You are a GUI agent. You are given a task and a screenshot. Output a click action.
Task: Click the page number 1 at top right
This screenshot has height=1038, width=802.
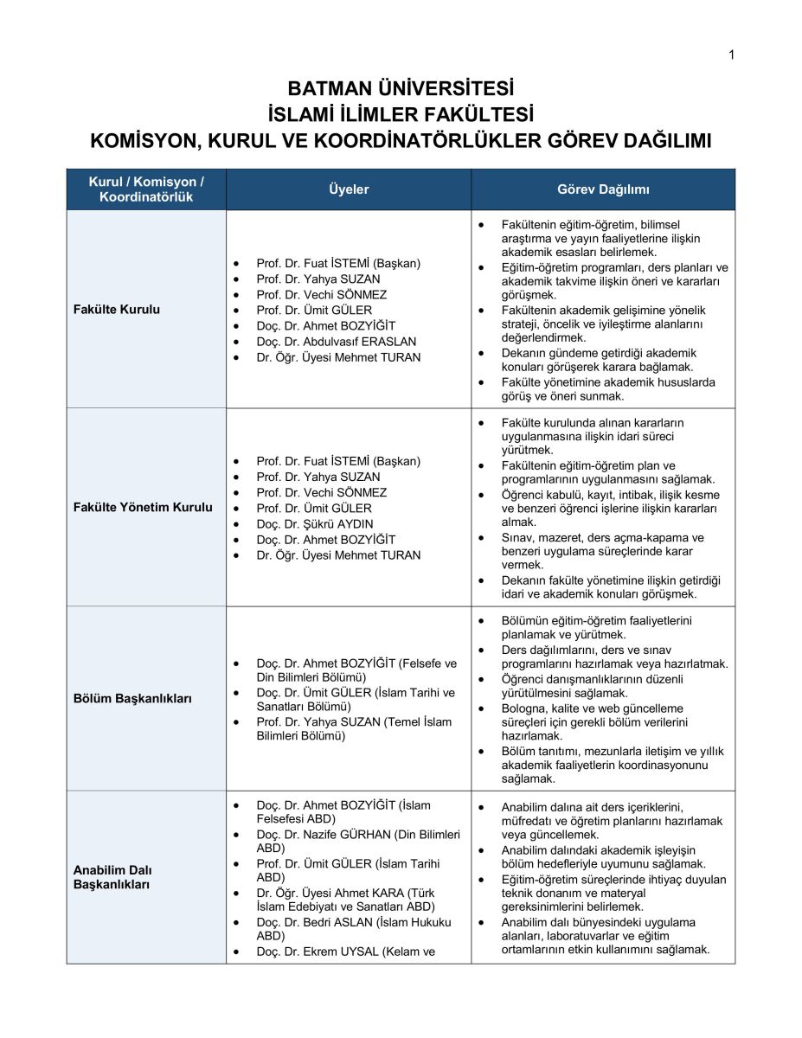(731, 55)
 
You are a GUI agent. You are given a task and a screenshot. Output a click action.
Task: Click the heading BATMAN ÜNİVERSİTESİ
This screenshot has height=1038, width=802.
(401, 89)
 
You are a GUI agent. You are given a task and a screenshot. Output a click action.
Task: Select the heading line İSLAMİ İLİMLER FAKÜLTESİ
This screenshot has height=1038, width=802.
(401, 114)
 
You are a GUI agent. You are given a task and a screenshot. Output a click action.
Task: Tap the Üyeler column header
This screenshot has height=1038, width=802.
(349, 189)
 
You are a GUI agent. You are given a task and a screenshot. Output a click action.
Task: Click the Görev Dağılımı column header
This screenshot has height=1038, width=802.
(603, 189)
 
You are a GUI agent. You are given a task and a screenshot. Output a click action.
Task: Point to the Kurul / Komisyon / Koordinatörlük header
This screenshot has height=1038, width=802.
(146, 189)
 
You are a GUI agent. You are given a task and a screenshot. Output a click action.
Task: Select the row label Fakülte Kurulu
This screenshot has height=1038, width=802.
(117, 310)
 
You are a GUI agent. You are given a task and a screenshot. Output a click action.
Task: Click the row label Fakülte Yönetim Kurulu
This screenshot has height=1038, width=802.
(143, 508)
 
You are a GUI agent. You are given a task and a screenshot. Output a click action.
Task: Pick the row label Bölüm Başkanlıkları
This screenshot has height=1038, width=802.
(132, 698)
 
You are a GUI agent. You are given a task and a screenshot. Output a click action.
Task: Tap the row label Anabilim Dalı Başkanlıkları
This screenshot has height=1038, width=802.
(112, 877)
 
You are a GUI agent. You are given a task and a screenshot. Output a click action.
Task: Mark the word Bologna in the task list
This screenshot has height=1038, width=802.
(523, 708)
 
